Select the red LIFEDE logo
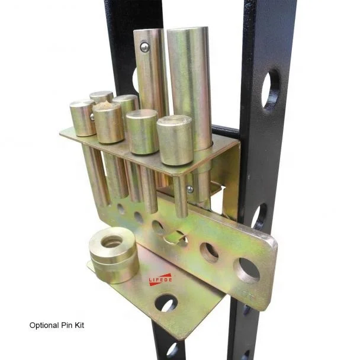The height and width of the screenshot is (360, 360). tap(160, 279)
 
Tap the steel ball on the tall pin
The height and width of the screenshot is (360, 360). tap(145, 47)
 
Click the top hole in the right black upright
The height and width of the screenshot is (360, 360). tap(270, 88)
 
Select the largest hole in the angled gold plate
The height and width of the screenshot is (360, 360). tap(247, 269)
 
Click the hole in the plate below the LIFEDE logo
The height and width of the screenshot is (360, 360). tap(166, 304)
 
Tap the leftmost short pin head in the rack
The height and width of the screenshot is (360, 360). tap(82, 118)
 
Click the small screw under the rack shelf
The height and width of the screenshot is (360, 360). tap(189, 189)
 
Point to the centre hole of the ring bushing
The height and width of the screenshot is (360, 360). tap(111, 241)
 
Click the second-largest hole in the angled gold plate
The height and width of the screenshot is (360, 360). tap(209, 252)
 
